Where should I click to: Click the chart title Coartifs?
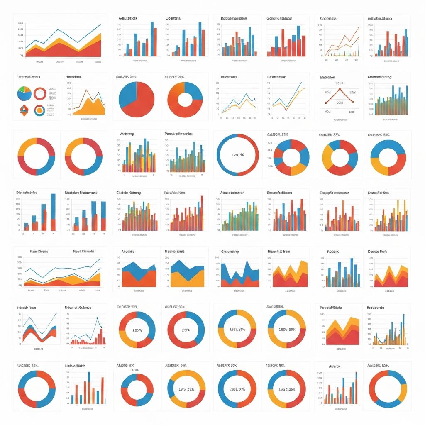point(173,18)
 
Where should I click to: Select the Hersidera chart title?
point(73,77)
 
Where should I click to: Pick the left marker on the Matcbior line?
point(326,102)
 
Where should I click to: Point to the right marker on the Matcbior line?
point(353,102)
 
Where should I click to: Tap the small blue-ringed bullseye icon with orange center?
point(39,110)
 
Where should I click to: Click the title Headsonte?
point(376,308)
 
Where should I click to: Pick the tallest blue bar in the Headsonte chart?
point(402,328)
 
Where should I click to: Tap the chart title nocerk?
point(333,252)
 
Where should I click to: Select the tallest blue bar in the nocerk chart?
point(352,272)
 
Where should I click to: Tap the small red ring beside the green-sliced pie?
point(40,94)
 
